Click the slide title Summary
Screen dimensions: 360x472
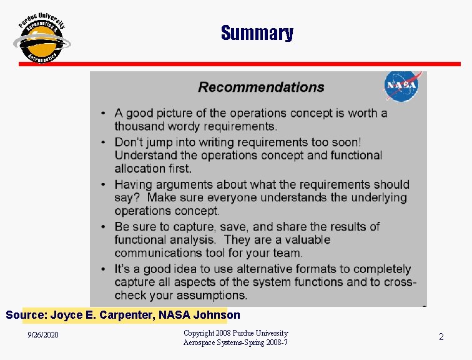pos(257,33)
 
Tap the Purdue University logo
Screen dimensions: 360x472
pos(42,38)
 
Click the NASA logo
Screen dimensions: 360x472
pos(401,87)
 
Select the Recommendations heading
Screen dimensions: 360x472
pos(261,87)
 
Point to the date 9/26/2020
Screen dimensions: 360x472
pos(43,336)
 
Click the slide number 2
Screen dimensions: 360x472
pos(441,337)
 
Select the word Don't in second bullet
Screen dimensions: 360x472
pos(129,142)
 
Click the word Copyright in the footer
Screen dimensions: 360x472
pos(200,333)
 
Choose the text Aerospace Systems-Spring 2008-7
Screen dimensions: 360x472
pos(235,342)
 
